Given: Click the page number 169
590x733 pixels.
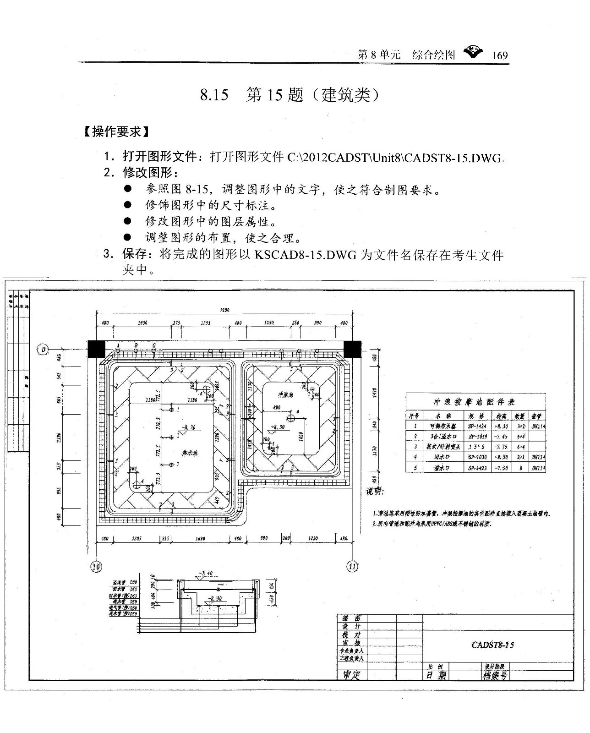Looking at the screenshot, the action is pos(500,55).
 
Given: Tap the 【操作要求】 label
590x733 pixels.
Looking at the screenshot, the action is pos(116,132).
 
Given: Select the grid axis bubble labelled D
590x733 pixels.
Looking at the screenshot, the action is pos(43,350).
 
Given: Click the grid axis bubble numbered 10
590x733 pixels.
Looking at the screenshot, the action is pos(96,566).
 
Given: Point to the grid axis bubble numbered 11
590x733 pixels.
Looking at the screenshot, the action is pos(352,566).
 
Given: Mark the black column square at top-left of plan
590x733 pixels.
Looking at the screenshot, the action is pos(96,349).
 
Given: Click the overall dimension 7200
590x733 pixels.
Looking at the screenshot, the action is pos(224,310).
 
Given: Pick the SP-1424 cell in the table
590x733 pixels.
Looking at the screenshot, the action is pos(477,426).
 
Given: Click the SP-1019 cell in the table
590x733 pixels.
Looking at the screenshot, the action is pos(477,437).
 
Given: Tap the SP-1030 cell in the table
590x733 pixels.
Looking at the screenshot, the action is pos(477,457).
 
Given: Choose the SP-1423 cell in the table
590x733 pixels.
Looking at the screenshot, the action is pos(477,468).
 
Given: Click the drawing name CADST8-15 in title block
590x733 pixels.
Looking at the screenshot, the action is pos(492,645).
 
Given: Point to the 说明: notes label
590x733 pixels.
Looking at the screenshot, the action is pos(375,492).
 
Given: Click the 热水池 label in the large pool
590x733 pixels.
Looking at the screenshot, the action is pos(190,453).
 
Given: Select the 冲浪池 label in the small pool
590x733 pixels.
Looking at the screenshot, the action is pos(285,394).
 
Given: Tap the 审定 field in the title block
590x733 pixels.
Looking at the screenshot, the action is pos(352,675).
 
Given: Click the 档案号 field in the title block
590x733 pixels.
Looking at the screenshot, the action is pos(495,675).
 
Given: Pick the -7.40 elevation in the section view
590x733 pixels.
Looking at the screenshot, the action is pos(206,573).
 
